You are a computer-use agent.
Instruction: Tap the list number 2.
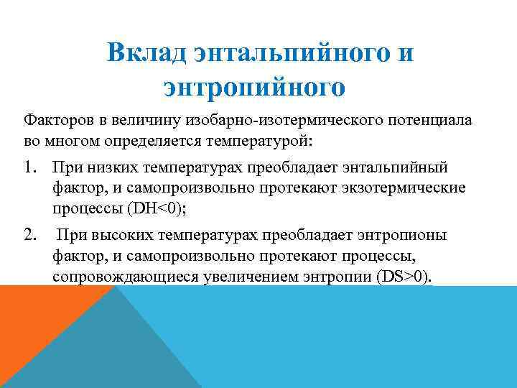click(x=29, y=234)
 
